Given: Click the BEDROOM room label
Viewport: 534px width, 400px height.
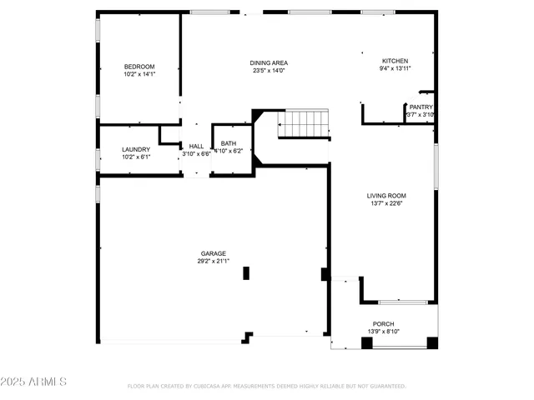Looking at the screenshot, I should (139, 67).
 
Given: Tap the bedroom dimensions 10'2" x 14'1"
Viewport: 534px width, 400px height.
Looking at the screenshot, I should (139, 74).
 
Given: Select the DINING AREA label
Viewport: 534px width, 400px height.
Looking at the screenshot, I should (269, 62).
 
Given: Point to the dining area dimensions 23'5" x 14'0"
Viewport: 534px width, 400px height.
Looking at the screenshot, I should (269, 71).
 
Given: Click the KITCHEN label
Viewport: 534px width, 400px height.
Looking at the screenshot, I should (395, 61).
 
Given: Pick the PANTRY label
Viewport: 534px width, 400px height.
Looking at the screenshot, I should (420, 107).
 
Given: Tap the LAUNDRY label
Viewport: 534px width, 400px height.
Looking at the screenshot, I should (136, 149).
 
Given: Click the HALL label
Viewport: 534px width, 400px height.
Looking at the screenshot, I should (196, 146).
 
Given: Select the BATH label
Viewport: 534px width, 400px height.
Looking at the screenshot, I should (228, 143).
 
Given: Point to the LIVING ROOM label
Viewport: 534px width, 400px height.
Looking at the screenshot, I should (386, 196).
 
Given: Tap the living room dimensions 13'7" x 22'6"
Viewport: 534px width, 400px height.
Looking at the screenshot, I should (386, 204).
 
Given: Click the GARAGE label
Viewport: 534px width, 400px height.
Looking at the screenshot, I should (213, 253).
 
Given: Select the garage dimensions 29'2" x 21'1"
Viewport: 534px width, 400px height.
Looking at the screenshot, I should (213, 261).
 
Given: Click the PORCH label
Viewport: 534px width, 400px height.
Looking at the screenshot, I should (384, 323).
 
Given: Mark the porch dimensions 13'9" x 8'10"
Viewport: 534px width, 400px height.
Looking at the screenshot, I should (384, 332).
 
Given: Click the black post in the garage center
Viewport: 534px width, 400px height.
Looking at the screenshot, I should (245, 272).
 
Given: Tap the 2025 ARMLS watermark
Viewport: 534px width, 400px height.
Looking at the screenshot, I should (34, 382).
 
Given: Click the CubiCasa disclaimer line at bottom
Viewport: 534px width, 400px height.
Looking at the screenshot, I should (267, 386).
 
